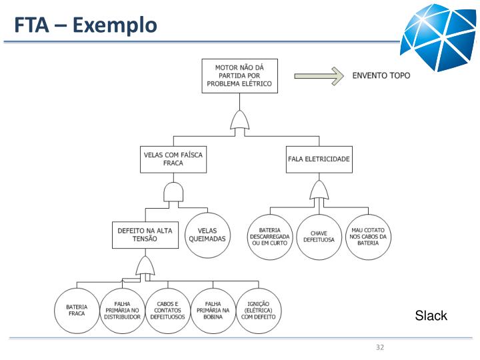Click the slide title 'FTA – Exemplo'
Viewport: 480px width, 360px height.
point(87,25)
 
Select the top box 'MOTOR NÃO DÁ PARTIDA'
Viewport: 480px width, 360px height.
point(239,76)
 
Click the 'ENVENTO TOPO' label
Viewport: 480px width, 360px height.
point(381,76)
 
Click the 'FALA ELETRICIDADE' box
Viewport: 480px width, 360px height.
point(319,159)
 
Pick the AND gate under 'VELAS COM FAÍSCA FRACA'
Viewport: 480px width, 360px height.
point(173,193)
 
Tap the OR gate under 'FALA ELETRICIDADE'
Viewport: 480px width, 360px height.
point(319,192)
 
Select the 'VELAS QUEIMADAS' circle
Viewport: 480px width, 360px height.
point(207,235)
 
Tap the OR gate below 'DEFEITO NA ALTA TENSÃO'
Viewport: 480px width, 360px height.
point(145,268)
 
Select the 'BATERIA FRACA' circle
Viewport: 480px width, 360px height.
point(77,310)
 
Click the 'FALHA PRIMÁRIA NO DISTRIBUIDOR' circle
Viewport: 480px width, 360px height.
point(122,310)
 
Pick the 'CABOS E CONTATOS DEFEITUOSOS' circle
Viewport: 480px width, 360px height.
point(167,310)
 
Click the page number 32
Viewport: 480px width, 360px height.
point(381,348)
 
